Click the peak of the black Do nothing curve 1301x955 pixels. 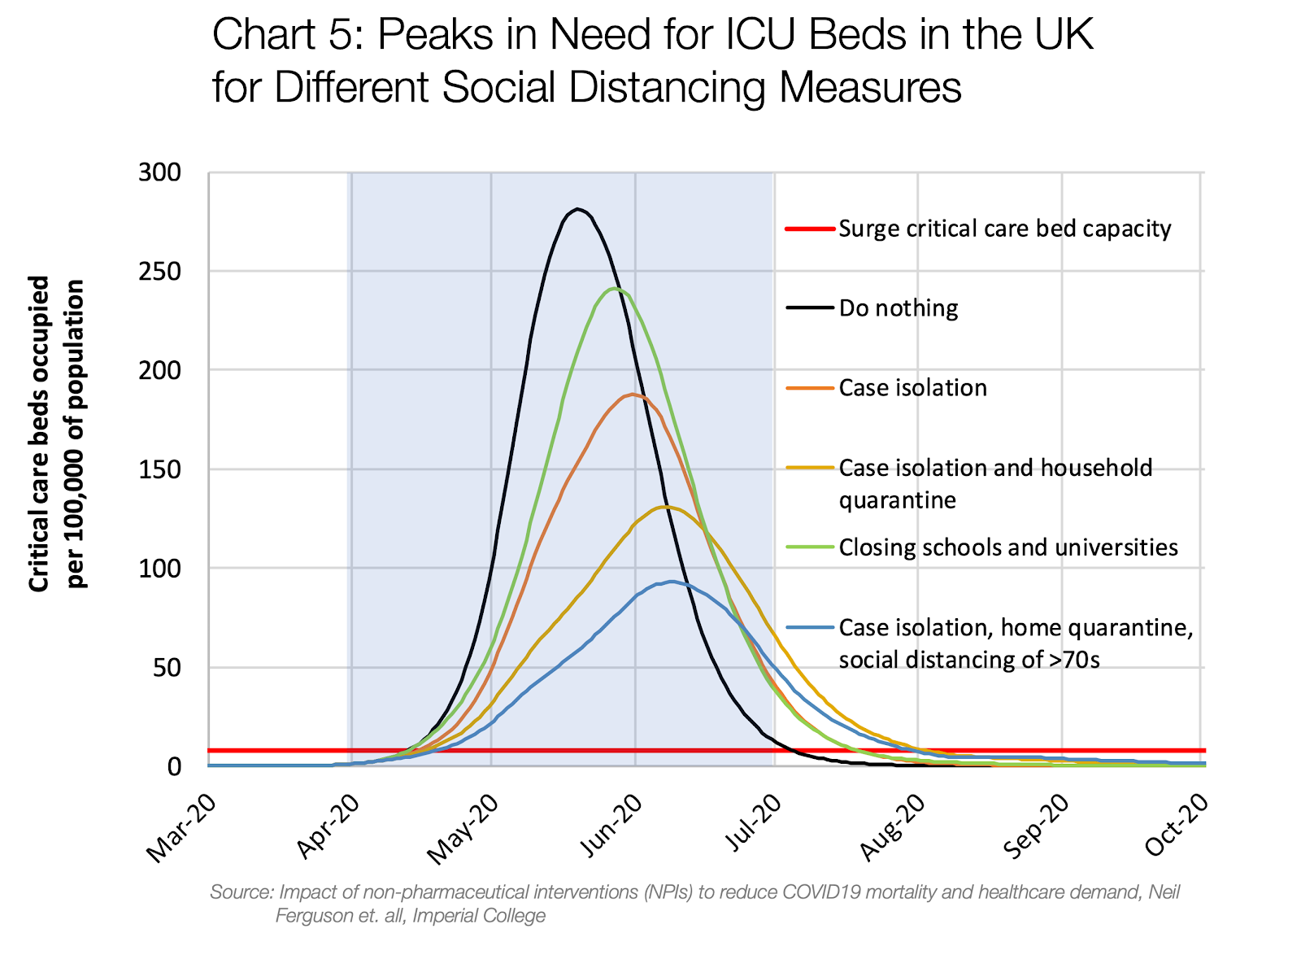click(x=577, y=209)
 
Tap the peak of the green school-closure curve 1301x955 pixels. click(x=615, y=289)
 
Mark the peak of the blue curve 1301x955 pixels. click(x=671, y=582)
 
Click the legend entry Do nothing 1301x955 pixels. click(x=898, y=308)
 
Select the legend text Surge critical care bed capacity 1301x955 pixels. click(x=1004, y=229)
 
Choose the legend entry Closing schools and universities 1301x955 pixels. click(x=1008, y=547)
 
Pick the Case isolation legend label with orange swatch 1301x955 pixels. click(x=912, y=388)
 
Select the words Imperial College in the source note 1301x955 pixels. click(x=479, y=916)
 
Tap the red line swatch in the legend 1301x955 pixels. click(x=810, y=229)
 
